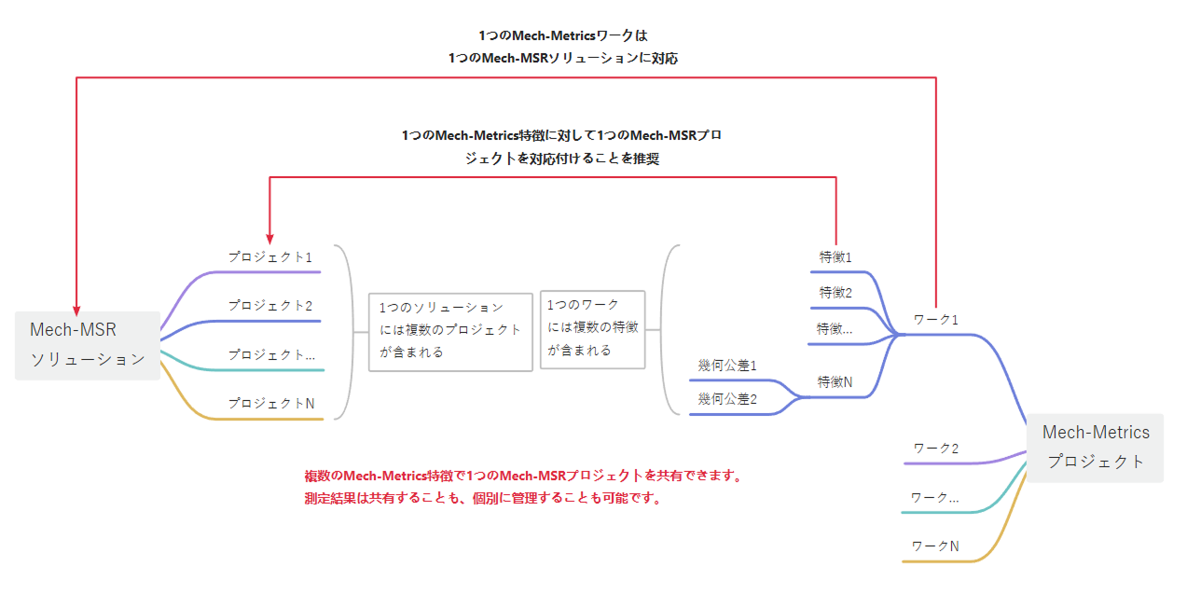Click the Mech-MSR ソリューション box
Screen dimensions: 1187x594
click(88, 345)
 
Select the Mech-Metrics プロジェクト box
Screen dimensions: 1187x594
click(1095, 448)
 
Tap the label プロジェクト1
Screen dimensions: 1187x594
click(270, 257)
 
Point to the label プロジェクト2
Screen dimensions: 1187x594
click(270, 306)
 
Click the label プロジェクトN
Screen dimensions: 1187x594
click(271, 404)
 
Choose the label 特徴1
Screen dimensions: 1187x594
click(835, 257)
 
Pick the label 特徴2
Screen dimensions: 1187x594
click(835, 293)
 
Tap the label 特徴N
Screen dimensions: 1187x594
click(835, 382)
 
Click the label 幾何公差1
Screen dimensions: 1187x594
click(727, 366)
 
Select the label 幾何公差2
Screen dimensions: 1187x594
click(727, 399)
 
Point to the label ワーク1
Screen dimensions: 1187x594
click(936, 320)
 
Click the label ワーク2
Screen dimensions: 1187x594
click(936, 449)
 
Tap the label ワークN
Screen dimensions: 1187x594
click(935, 546)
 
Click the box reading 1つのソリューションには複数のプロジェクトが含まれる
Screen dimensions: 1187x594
click(450, 332)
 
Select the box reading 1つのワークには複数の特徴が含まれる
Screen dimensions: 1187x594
click(592, 329)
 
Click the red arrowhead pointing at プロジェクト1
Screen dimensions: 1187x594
click(269, 239)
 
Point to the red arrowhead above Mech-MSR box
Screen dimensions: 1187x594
click(76, 310)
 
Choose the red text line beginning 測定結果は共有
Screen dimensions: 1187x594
click(483, 498)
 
